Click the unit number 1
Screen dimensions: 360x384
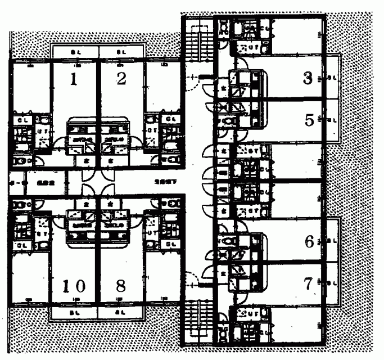[73, 79]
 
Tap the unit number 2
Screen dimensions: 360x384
[121, 79]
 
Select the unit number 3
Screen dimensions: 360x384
[307, 78]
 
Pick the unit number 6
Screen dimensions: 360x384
[309, 242]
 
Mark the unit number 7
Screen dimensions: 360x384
[308, 285]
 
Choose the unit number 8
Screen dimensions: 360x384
[121, 285]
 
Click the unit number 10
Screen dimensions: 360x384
[73, 285]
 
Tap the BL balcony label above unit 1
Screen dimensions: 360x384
[75, 53]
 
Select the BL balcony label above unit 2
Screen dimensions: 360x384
[121, 53]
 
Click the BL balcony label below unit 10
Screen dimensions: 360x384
[74, 310]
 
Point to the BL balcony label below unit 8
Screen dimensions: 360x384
[120, 310]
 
